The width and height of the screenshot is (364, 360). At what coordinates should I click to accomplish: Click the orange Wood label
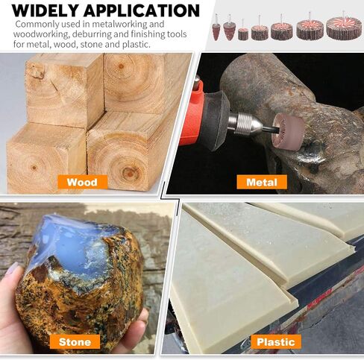tap(83, 182)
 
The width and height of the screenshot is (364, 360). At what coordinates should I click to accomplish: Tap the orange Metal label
tap(262, 182)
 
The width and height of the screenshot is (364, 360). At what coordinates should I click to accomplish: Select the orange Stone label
tap(75, 341)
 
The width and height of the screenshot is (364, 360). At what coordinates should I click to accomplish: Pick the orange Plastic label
tap(276, 341)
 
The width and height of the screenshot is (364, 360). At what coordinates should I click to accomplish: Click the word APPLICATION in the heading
tap(142, 10)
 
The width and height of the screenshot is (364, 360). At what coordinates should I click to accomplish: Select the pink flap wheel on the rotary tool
tap(289, 131)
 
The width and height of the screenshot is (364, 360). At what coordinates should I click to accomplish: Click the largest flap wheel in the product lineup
tap(344, 28)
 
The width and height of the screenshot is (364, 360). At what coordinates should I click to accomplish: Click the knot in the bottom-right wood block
tap(129, 171)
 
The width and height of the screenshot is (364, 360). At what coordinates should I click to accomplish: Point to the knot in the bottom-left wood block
tap(34, 168)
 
